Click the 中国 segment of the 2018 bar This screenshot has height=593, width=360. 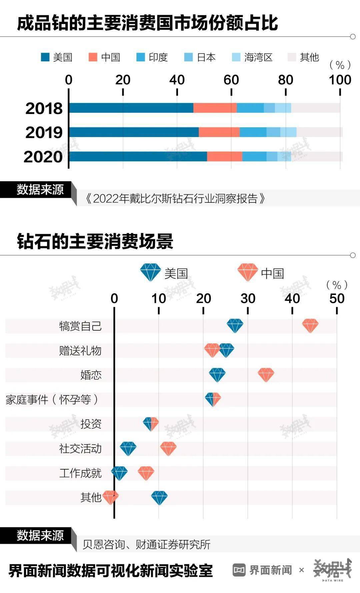pyautogui.click(x=215, y=108)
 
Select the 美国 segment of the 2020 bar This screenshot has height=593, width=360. pyautogui.click(x=138, y=156)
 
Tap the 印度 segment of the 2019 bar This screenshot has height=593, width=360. pyautogui.click(x=253, y=132)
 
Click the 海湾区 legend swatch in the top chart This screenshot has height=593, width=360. pyautogui.click(x=236, y=57)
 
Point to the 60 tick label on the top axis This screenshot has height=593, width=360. pyautogui.click(x=231, y=80)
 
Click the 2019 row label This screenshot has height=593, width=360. pyautogui.click(x=44, y=132)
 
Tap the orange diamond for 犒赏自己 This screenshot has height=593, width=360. pyautogui.click(x=310, y=326)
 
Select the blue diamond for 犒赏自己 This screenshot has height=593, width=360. pyautogui.click(x=235, y=326)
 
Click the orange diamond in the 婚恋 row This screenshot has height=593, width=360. pyautogui.click(x=266, y=375)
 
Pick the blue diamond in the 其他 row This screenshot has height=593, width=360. pyautogui.click(x=159, y=498)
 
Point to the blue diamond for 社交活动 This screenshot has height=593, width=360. pyautogui.click(x=128, y=449)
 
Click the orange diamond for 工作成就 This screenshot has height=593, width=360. pyautogui.click(x=146, y=473)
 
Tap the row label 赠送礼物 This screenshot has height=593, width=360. pyautogui.click(x=80, y=351)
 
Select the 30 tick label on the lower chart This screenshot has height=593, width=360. pyautogui.click(x=248, y=299)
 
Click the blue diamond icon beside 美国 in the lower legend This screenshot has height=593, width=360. pyautogui.click(x=151, y=272)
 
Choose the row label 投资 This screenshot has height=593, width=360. pyautogui.click(x=91, y=424)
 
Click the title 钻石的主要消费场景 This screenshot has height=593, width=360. pyautogui.click(x=95, y=241)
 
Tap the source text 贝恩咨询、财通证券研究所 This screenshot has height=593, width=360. pyautogui.click(x=147, y=545)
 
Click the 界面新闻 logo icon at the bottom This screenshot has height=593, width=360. pyautogui.click(x=239, y=570)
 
